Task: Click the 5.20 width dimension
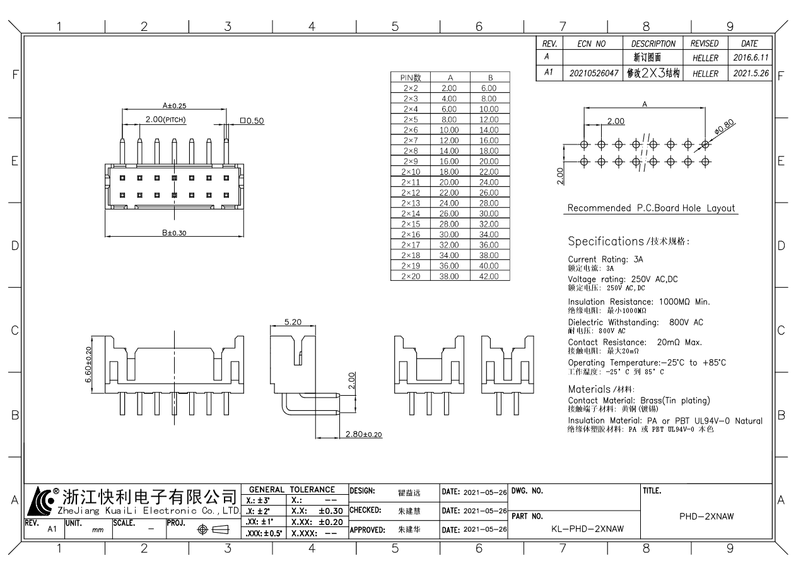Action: click(292, 322)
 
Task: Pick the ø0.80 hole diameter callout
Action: click(725, 126)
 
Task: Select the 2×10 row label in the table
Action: click(411, 172)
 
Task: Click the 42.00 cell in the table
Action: click(489, 276)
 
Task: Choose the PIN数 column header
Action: click(411, 78)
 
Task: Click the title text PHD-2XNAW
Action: click(706, 516)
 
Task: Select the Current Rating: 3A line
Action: click(606, 259)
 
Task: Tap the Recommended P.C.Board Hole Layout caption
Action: click(651, 208)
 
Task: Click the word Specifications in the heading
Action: click(605, 241)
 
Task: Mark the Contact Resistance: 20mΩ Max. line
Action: click(635, 342)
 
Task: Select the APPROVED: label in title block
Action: click(367, 531)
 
